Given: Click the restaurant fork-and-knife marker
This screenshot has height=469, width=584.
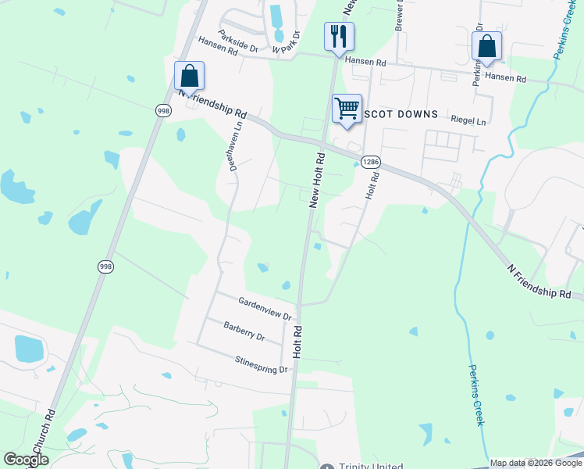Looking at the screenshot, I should (339, 36).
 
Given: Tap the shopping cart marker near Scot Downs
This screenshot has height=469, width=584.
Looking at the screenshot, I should (347, 108).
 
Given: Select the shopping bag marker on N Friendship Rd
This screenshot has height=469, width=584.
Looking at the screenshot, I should (189, 76).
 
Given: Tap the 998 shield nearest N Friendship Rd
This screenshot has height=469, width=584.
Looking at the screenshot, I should (163, 111).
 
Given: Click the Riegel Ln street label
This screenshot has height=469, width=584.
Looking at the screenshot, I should (468, 122).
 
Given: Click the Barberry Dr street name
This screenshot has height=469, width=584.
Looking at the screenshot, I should (244, 331).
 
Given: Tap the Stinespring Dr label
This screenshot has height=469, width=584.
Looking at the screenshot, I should (262, 364).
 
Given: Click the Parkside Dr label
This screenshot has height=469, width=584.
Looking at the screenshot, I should (238, 41).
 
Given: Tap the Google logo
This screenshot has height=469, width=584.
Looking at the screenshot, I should (26, 460).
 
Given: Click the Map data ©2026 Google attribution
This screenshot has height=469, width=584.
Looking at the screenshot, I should (535, 463).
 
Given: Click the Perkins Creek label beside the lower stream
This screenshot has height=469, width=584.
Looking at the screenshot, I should (476, 395).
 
